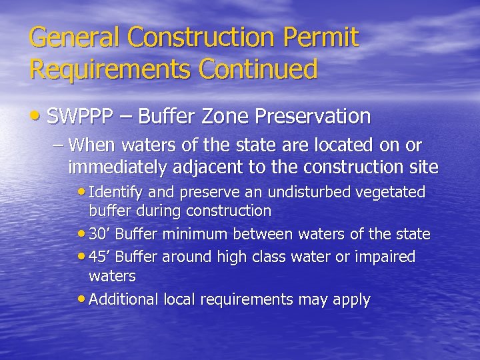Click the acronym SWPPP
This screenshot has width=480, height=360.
click(x=82, y=117)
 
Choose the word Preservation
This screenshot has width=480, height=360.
click(x=319, y=117)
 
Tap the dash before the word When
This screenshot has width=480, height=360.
click(x=58, y=145)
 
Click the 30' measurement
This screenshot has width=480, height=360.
click(x=99, y=234)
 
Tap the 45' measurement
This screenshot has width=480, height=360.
click(x=99, y=257)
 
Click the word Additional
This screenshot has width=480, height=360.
click(x=123, y=299)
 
